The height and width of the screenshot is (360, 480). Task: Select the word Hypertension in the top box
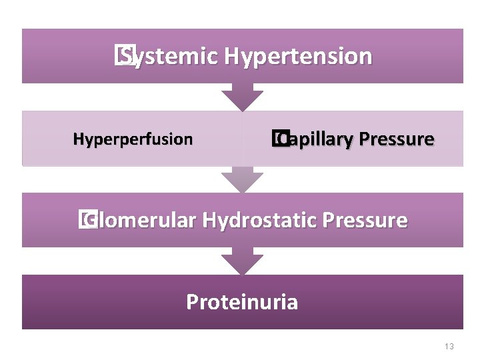pos(298,57)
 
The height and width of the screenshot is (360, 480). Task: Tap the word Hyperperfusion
pos(133,139)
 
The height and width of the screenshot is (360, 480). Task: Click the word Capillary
pos(315,139)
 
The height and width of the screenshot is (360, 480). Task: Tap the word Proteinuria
pos(242,302)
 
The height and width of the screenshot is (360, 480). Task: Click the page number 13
pos(449,346)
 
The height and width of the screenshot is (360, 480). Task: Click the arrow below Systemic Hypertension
pos(242,97)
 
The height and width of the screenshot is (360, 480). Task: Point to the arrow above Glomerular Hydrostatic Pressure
pos(242,179)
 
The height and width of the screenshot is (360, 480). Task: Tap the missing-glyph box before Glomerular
pos(85,220)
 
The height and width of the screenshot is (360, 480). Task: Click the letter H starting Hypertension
pos(232,57)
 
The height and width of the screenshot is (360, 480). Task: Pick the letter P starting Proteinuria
pos(192,302)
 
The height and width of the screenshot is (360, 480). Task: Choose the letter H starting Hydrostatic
pos(209,220)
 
